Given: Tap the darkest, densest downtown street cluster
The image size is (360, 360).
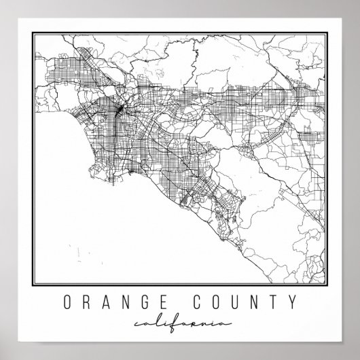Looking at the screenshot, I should tap(120, 107).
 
